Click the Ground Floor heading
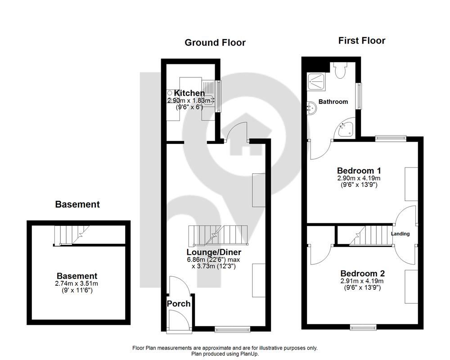(x=215, y=42)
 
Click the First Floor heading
(x=362, y=40)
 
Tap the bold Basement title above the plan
(x=77, y=204)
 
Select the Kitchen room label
(x=189, y=93)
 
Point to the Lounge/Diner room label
(x=214, y=252)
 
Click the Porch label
(x=179, y=303)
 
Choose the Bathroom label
(x=333, y=102)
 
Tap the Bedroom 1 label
(x=359, y=171)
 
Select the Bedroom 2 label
(x=362, y=273)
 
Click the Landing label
(x=400, y=234)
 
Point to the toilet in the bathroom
(x=341, y=70)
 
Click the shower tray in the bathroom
(x=316, y=82)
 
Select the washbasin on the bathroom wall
(x=312, y=108)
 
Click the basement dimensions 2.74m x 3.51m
(x=76, y=283)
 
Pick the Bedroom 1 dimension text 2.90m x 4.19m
(x=359, y=178)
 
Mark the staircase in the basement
(x=72, y=235)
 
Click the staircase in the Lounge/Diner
(x=218, y=235)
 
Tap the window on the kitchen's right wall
(x=219, y=96)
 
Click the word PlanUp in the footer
(x=249, y=354)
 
